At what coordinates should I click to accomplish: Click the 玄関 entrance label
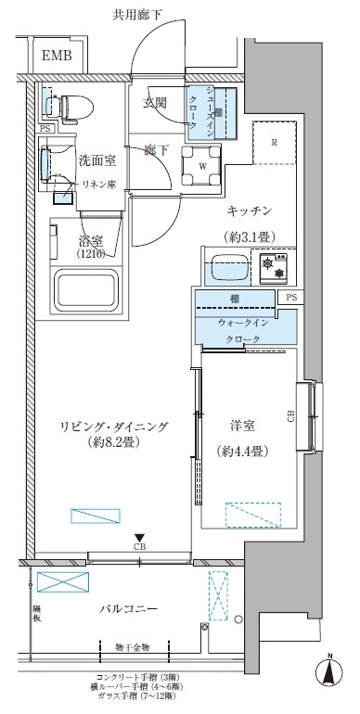(155, 103)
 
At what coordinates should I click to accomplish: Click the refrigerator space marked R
(275, 143)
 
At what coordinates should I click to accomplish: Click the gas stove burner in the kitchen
(274, 269)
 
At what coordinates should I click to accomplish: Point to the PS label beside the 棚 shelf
(290, 298)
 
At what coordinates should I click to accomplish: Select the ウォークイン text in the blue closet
(243, 322)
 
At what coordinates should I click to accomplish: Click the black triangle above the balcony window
(139, 537)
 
